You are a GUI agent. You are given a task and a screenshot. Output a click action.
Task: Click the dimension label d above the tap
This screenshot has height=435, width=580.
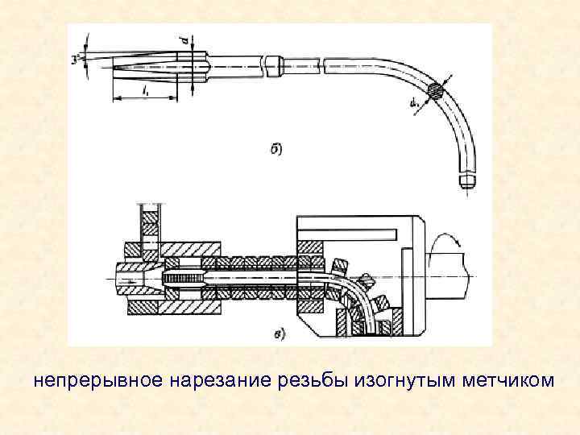pos(185,37)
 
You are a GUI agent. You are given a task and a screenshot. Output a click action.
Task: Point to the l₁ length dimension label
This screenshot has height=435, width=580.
pos(144,92)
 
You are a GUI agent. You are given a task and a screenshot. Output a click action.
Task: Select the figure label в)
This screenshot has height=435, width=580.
pos(279,333)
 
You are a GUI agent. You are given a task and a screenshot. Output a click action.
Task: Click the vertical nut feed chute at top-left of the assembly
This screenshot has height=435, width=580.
pos(149,222)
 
